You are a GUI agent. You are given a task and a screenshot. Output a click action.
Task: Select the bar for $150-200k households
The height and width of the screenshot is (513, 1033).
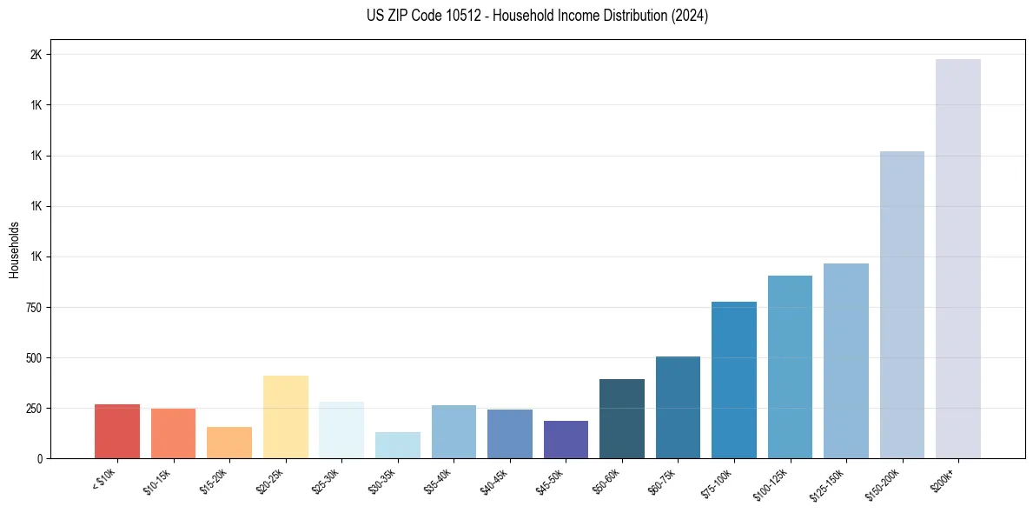pyautogui.click(x=902, y=304)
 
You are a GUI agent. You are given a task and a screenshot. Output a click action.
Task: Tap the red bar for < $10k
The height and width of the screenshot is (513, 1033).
pyautogui.click(x=117, y=431)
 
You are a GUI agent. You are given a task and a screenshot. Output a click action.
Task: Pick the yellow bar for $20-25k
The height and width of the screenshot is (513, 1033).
pyautogui.click(x=286, y=416)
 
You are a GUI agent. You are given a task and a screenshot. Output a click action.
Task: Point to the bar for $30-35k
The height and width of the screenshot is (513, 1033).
pyautogui.click(x=398, y=445)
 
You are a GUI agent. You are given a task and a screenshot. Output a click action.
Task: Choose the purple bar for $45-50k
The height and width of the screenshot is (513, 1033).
pyautogui.click(x=566, y=439)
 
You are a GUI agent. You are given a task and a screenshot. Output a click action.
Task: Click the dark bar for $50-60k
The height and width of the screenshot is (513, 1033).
pyautogui.click(x=622, y=418)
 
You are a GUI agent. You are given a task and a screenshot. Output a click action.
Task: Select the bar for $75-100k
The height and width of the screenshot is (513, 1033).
pyautogui.click(x=734, y=380)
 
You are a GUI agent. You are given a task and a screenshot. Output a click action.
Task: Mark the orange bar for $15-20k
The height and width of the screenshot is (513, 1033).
pyautogui.click(x=229, y=443)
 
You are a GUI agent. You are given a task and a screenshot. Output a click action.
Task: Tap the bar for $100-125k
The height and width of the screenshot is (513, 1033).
pyautogui.click(x=790, y=367)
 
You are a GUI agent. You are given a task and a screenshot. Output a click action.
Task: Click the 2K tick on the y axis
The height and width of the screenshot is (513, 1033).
pyautogui.click(x=36, y=55)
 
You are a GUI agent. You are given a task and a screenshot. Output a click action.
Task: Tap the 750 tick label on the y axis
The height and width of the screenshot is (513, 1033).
pyautogui.click(x=33, y=307)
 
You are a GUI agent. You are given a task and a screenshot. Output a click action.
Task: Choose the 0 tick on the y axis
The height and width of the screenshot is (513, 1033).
pyautogui.click(x=38, y=458)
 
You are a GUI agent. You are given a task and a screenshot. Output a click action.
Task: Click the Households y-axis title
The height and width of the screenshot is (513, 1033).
pyautogui.click(x=14, y=250)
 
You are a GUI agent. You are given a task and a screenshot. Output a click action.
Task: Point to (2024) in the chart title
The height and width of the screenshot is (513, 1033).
pyautogui.click(x=692, y=16)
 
